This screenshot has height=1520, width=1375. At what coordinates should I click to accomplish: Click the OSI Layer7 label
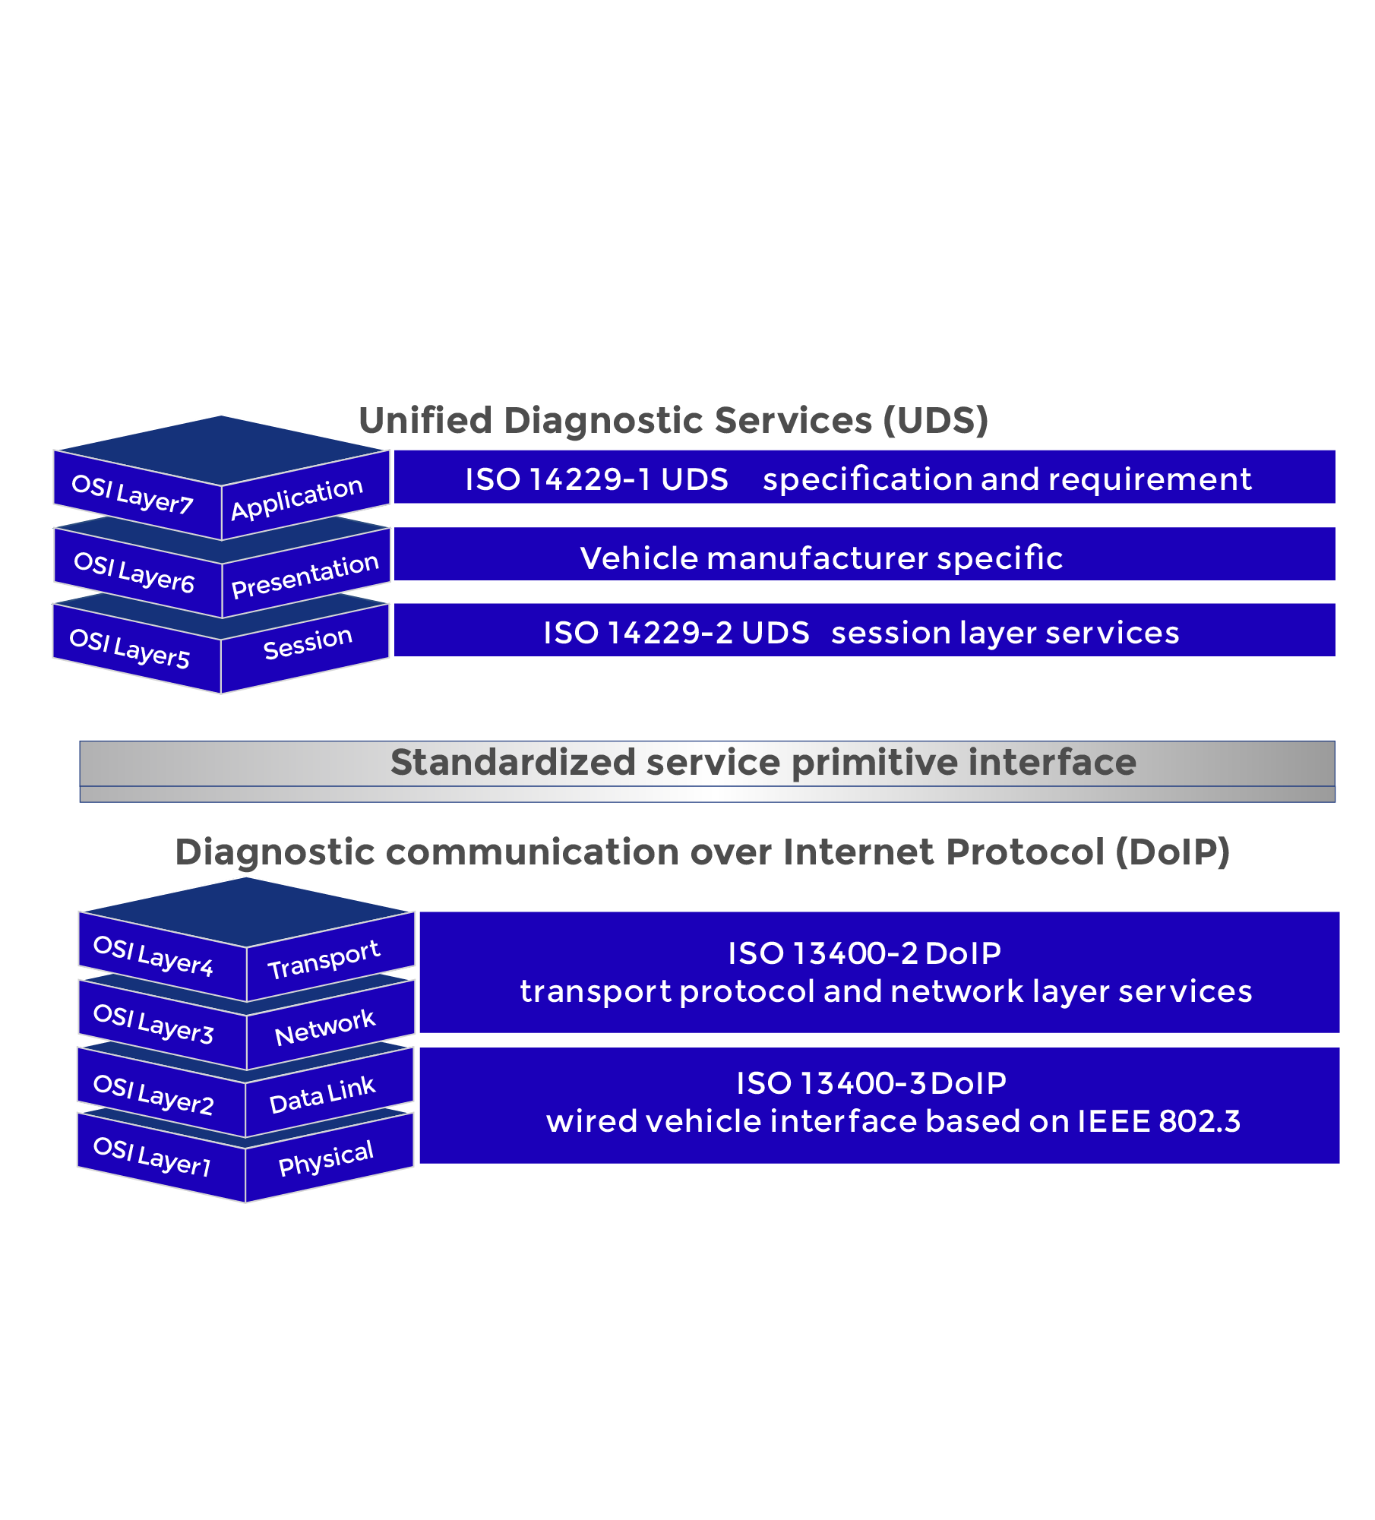coord(132,494)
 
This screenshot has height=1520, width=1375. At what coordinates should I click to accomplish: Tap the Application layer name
coord(297,498)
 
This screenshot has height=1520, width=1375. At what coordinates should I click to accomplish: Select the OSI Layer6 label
coord(134,572)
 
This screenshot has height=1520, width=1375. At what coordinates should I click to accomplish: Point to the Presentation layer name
coord(305,575)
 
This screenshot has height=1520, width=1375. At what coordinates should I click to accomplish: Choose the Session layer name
coord(308,643)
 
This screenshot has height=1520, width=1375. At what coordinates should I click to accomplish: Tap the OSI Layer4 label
coord(153,956)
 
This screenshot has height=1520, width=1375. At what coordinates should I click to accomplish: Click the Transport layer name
coord(324,959)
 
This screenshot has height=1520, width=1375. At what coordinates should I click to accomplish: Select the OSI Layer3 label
coord(153,1023)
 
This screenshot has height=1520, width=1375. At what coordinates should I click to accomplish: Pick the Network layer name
coord(324,1028)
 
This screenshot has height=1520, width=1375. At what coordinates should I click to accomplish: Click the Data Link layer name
coord(322,1095)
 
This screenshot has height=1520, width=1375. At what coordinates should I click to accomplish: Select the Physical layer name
coord(326,1158)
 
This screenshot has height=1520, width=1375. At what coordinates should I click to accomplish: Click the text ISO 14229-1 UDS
coord(596,479)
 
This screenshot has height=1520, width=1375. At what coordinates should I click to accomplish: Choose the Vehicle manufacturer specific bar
coord(865,554)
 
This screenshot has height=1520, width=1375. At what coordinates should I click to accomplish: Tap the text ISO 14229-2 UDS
coord(676,633)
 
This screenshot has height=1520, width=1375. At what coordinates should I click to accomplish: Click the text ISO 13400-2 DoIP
coord(865,953)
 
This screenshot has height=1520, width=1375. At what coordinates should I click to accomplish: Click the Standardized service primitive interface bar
coord(707,771)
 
